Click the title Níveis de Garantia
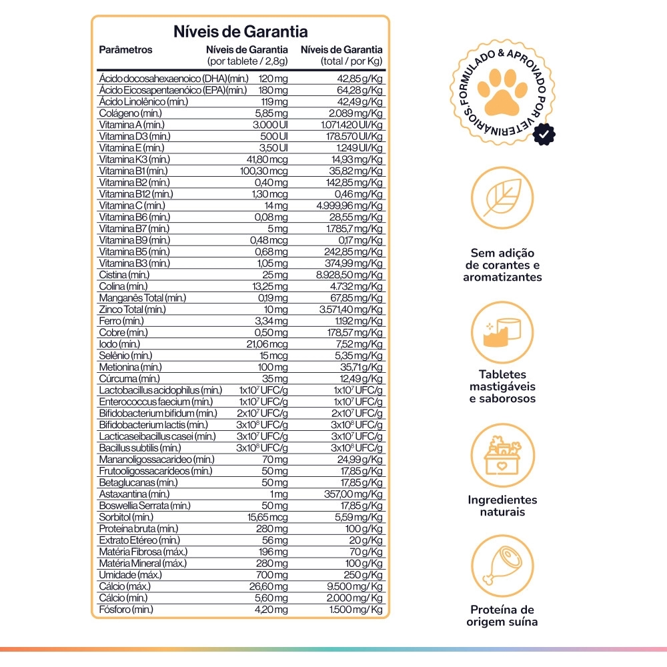tap(240, 31)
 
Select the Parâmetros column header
tap(125, 49)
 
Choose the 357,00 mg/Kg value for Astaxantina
tap(354, 494)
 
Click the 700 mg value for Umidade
tap(274, 575)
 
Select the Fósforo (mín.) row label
tap(125, 610)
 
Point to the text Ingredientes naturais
tap(502, 506)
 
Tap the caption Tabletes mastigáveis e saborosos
tap(502, 387)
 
